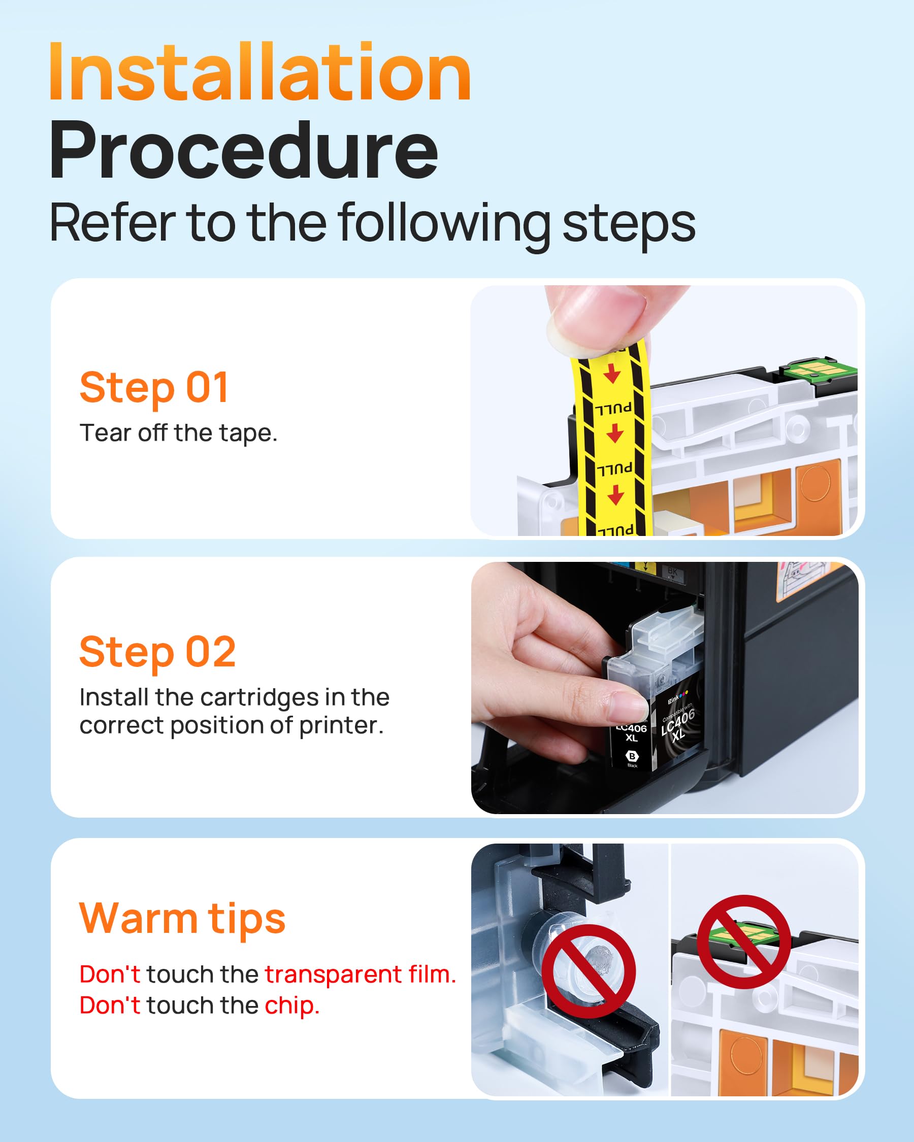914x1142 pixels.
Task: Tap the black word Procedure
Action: click(x=244, y=151)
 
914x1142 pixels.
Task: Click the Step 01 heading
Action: click(x=154, y=388)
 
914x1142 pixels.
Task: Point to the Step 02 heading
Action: click(x=157, y=652)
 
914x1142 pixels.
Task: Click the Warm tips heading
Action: click(x=182, y=919)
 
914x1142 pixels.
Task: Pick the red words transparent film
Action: click(x=361, y=975)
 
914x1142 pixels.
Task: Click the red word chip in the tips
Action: click(x=292, y=1006)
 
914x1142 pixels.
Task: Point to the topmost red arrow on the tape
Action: click(x=612, y=374)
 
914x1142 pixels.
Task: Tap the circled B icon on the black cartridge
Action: click(x=632, y=756)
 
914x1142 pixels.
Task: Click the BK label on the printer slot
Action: click(x=672, y=572)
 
